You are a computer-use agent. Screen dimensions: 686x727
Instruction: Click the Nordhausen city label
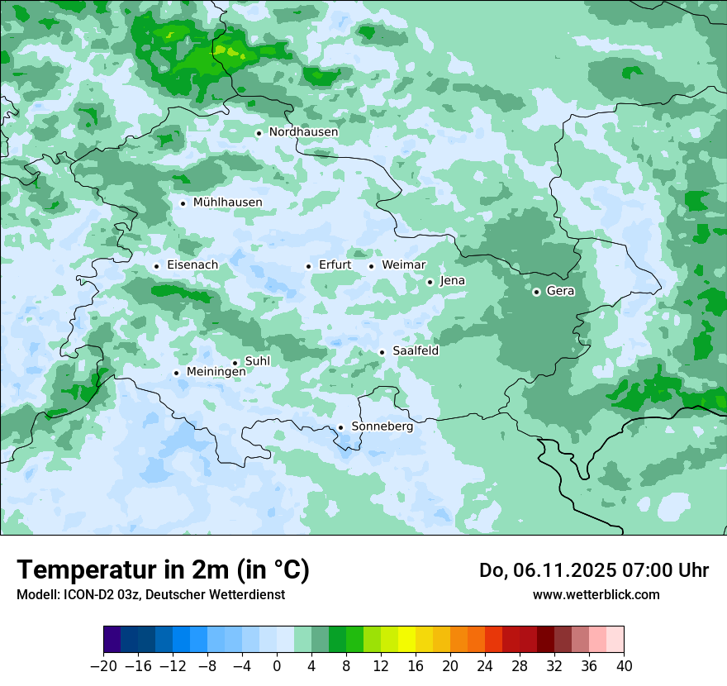click(x=303, y=132)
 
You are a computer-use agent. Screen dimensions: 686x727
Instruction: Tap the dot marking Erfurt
click(x=308, y=266)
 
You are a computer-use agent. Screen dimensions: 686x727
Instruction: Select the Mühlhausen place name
click(x=227, y=202)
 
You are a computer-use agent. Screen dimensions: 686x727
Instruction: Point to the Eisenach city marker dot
click(x=156, y=266)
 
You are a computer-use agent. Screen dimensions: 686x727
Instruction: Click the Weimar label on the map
click(x=403, y=265)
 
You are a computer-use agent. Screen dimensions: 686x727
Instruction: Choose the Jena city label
click(x=452, y=281)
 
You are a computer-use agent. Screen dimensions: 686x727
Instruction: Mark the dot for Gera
click(x=536, y=291)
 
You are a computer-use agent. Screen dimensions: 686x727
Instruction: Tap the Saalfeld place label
click(x=415, y=351)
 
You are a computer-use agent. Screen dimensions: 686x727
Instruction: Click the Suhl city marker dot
click(x=235, y=363)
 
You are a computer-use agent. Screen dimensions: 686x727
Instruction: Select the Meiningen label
click(x=216, y=373)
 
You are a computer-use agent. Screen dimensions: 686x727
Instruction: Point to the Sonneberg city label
click(x=382, y=427)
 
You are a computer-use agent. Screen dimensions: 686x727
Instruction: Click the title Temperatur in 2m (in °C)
click(x=163, y=570)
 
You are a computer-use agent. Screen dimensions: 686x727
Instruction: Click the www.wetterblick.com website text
click(x=596, y=595)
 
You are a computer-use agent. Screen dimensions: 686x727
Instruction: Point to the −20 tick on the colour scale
click(x=103, y=666)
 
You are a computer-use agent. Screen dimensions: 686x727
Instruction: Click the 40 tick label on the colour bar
click(x=624, y=666)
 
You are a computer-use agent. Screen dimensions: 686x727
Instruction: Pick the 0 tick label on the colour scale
click(x=277, y=666)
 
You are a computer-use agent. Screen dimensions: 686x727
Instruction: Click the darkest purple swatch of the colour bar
click(x=112, y=640)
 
